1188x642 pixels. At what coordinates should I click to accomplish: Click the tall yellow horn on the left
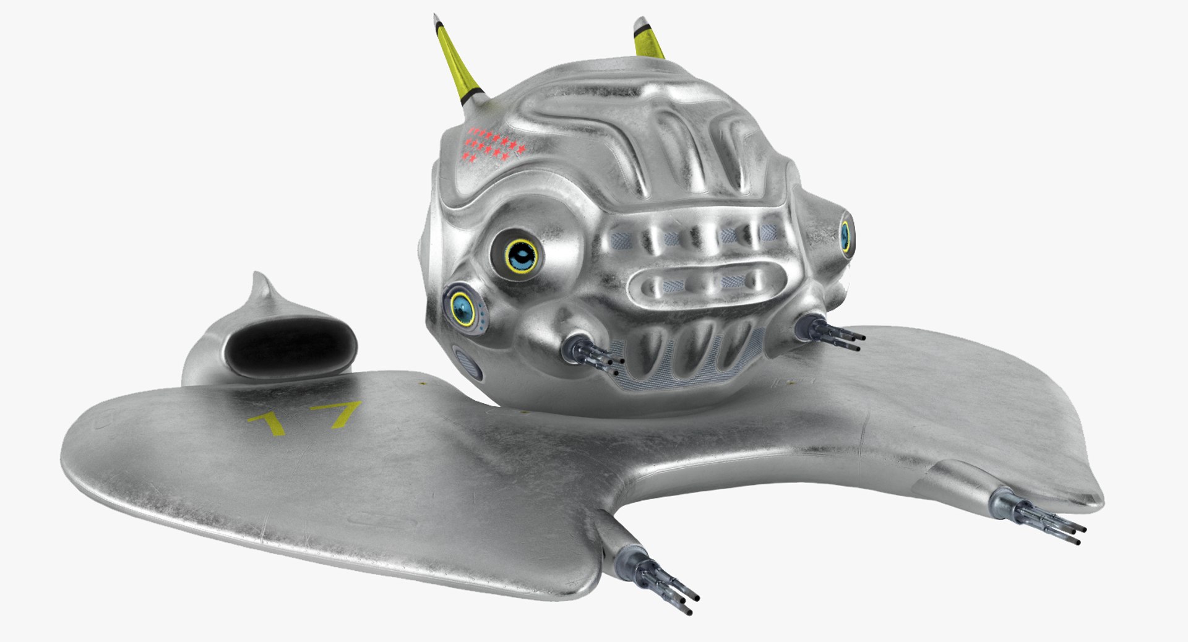[x=456, y=62]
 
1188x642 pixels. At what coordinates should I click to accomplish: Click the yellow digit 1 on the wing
[x=267, y=423]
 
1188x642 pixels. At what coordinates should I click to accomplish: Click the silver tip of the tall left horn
[x=437, y=21]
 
